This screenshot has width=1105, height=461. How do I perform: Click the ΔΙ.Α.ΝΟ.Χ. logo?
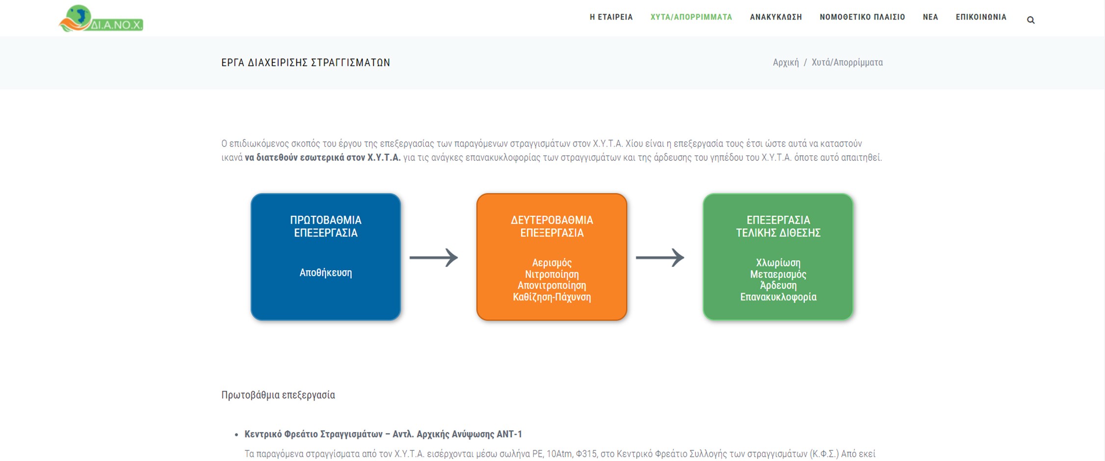101,19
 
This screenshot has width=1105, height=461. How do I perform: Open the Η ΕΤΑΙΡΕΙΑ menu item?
611,17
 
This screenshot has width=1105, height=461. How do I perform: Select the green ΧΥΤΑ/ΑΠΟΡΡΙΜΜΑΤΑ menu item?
691,17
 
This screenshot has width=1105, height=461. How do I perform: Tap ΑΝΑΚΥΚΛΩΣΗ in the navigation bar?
776,17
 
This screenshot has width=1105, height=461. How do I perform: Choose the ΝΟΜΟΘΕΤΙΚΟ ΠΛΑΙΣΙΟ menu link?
862,17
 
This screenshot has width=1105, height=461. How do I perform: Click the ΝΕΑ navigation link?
930,17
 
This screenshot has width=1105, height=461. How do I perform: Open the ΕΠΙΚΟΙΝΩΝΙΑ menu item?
981,17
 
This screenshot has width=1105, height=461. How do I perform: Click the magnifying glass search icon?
1030,20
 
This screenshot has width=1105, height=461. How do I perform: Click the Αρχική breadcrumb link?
786,63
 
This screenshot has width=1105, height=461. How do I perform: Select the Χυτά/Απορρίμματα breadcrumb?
847,63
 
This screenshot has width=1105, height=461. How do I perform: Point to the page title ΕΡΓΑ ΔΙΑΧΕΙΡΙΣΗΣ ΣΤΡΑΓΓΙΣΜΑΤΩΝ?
306,63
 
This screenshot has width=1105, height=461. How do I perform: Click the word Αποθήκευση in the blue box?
325,273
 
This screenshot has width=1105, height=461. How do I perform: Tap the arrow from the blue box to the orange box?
433,257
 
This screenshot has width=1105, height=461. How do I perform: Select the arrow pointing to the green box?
659,257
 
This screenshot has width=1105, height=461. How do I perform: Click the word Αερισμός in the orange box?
552,263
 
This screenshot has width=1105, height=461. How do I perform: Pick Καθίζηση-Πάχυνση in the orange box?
552,297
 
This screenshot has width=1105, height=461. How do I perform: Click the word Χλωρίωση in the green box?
778,263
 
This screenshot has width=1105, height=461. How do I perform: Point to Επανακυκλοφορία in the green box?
778,297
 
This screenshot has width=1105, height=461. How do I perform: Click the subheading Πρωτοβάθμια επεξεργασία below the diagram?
278,395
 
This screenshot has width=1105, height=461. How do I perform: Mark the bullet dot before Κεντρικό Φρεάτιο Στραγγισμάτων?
237,435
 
